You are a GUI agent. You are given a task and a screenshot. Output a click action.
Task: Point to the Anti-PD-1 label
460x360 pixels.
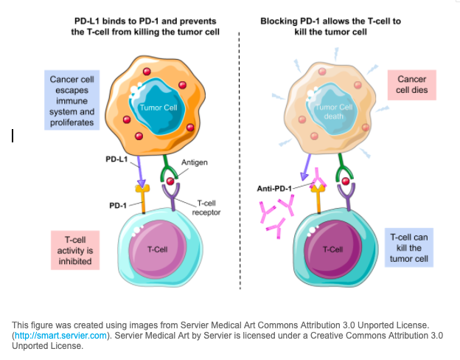pos(273,188)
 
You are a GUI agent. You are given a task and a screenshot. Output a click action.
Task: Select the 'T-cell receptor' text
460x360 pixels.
pos(206,208)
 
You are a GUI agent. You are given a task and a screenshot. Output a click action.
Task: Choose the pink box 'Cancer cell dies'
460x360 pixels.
pos(412,86)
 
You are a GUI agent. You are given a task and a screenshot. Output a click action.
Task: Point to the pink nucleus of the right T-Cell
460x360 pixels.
pos(333,249)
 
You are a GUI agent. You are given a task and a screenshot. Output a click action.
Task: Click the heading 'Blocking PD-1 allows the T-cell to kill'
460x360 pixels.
pos(330,27)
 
